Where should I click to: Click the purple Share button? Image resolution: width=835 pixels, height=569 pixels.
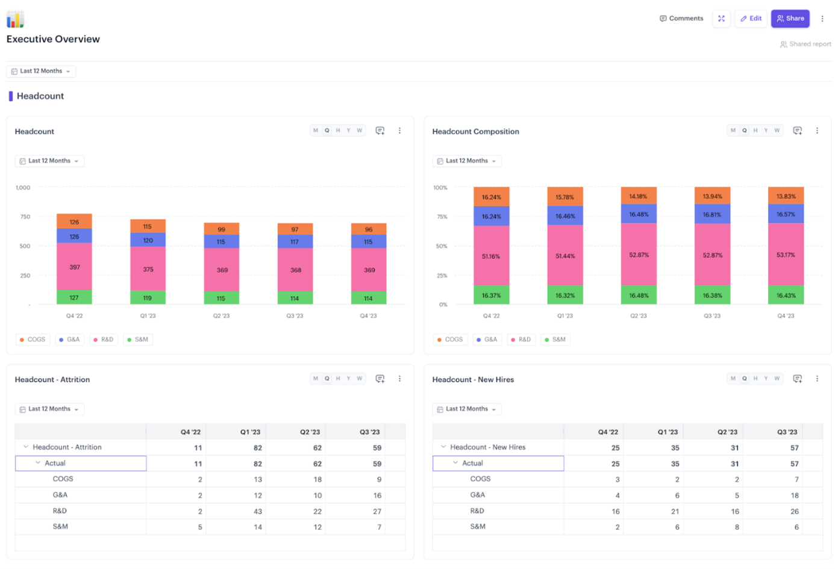coord(790,19)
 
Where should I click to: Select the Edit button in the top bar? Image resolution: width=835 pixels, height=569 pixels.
coord(750,19)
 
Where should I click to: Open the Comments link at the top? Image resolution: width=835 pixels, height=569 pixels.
coord(681,19)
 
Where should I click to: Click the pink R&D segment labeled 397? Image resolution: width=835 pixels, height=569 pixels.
coord(74,267)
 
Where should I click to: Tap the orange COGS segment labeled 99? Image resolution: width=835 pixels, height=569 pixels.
coord(221,229)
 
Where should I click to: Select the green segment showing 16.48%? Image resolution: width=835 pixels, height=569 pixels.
coord(639,295)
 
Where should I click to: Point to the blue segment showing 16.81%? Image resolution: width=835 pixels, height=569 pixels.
coord(712,214)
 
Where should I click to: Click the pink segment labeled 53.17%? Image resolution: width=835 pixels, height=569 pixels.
coord(786,255)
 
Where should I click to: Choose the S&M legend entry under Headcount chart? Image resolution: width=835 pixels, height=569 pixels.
coord(137,340)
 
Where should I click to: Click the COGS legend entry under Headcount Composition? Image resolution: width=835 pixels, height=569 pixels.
coord(449,340)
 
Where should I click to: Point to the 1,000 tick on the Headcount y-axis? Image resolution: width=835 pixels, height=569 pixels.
coord(23,188)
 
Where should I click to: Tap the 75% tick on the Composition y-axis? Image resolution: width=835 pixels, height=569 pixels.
coord(442,217)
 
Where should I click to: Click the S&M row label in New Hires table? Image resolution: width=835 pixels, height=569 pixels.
coord(478,527)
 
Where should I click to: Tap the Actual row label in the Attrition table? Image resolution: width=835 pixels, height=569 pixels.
coord(55,463)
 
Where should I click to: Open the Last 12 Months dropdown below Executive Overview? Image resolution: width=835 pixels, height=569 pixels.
coord(41,71)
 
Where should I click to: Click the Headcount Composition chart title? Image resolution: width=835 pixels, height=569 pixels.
coord(475,131)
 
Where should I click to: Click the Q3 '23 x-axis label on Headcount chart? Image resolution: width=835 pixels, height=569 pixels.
coord(295,316)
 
